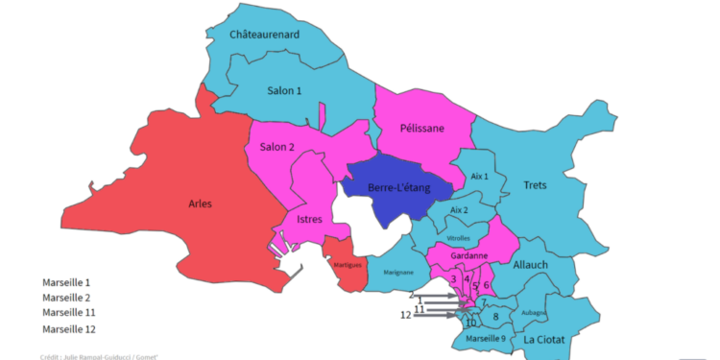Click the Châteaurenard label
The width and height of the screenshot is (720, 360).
265,35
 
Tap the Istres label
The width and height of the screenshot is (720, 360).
310,220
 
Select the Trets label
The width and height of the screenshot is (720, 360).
536,185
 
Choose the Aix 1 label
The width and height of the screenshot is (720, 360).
480,177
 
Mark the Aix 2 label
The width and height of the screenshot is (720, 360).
460,210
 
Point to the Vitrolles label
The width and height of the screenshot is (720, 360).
459,237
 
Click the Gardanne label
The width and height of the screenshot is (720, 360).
470,256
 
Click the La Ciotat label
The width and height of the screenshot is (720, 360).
543,341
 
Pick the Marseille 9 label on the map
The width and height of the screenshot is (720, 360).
486,339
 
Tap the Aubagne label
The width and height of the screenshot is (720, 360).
534,312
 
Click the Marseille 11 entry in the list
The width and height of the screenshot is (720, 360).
70,313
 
